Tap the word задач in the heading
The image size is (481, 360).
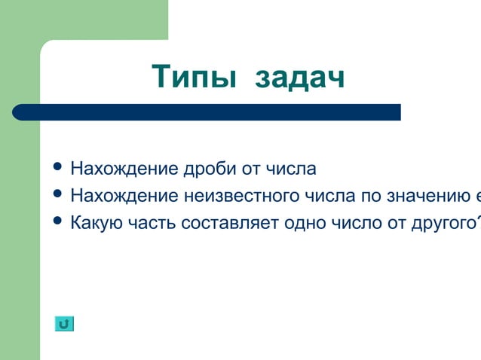[x=299, y=78]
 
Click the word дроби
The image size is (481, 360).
[x=210, y=168]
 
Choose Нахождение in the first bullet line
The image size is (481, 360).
[x=124, y=167]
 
